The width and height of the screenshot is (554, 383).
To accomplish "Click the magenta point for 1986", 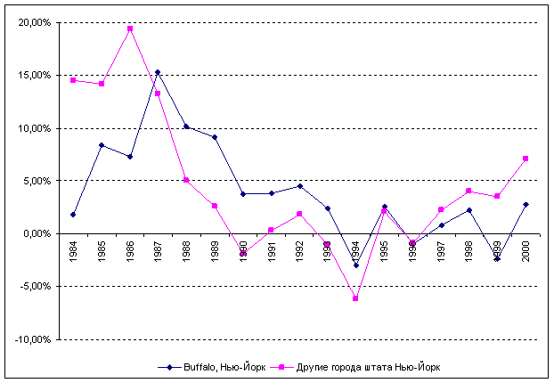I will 130,29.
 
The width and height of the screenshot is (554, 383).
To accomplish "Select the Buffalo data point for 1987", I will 158,72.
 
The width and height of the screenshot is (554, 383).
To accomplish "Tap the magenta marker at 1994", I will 355,298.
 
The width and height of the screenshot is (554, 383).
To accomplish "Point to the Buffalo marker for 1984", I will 73,215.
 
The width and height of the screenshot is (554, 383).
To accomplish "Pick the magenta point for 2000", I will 525,159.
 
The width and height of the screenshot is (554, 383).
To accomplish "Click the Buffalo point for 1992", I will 299,186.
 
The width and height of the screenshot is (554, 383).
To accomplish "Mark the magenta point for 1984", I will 73,80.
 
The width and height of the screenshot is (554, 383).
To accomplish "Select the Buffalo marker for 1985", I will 102,145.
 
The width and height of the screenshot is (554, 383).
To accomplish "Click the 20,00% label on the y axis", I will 34,23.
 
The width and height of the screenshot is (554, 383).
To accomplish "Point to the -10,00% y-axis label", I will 32,339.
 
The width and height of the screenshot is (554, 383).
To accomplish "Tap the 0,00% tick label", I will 36,234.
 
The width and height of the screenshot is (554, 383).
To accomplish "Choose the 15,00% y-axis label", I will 34,76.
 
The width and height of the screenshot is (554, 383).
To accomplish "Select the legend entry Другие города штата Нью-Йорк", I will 364,367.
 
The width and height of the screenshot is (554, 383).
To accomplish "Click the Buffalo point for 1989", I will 215,137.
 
